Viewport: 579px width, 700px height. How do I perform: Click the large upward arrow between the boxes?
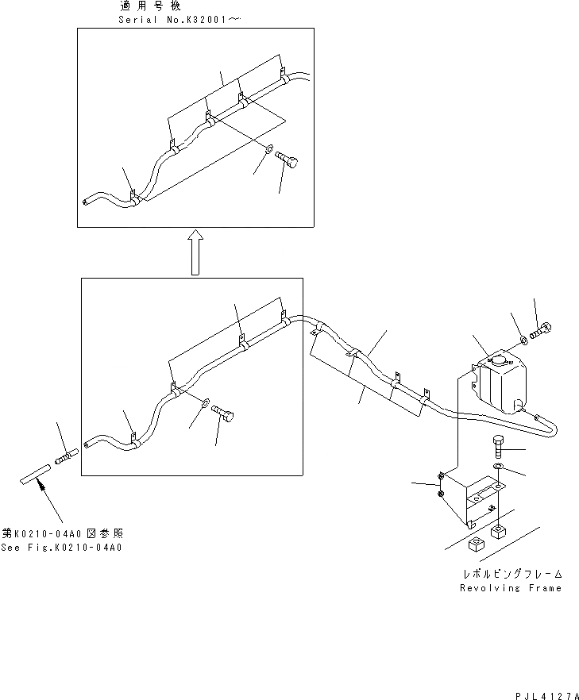(195, 252)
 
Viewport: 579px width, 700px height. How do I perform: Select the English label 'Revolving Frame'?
(510, 588)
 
